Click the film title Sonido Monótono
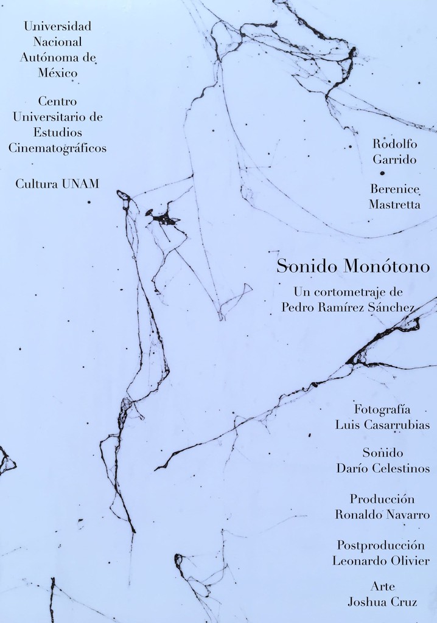point(353,266)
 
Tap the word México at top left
point(57,73)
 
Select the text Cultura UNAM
point(57,184)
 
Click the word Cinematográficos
point(57,148)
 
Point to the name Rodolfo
point(394,144)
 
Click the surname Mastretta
point(394,204)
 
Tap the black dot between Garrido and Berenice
point(382,173)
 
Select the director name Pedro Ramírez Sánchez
point(348,307)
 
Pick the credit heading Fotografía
point(382,409)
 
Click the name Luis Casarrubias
point(382,425)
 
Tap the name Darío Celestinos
point(383,468)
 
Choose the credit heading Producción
point(383,499)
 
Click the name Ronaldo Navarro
point(382,515)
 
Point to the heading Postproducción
point(382,545)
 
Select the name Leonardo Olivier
point(381,561)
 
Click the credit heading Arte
point(382,586)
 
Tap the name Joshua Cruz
point(382,602)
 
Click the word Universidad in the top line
point(57,26)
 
